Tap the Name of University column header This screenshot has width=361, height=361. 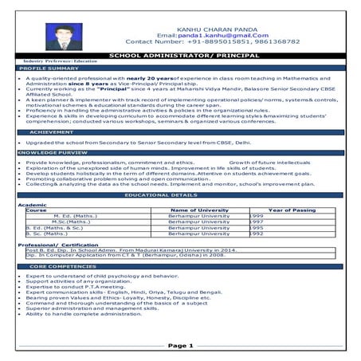point(200,210)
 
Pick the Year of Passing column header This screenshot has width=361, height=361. point(292,210)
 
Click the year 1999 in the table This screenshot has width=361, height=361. point(257,215)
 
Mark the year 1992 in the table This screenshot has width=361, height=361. point(257,234)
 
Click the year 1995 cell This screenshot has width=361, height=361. point(257,228)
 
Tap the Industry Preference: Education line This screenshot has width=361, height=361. point(56,61)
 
